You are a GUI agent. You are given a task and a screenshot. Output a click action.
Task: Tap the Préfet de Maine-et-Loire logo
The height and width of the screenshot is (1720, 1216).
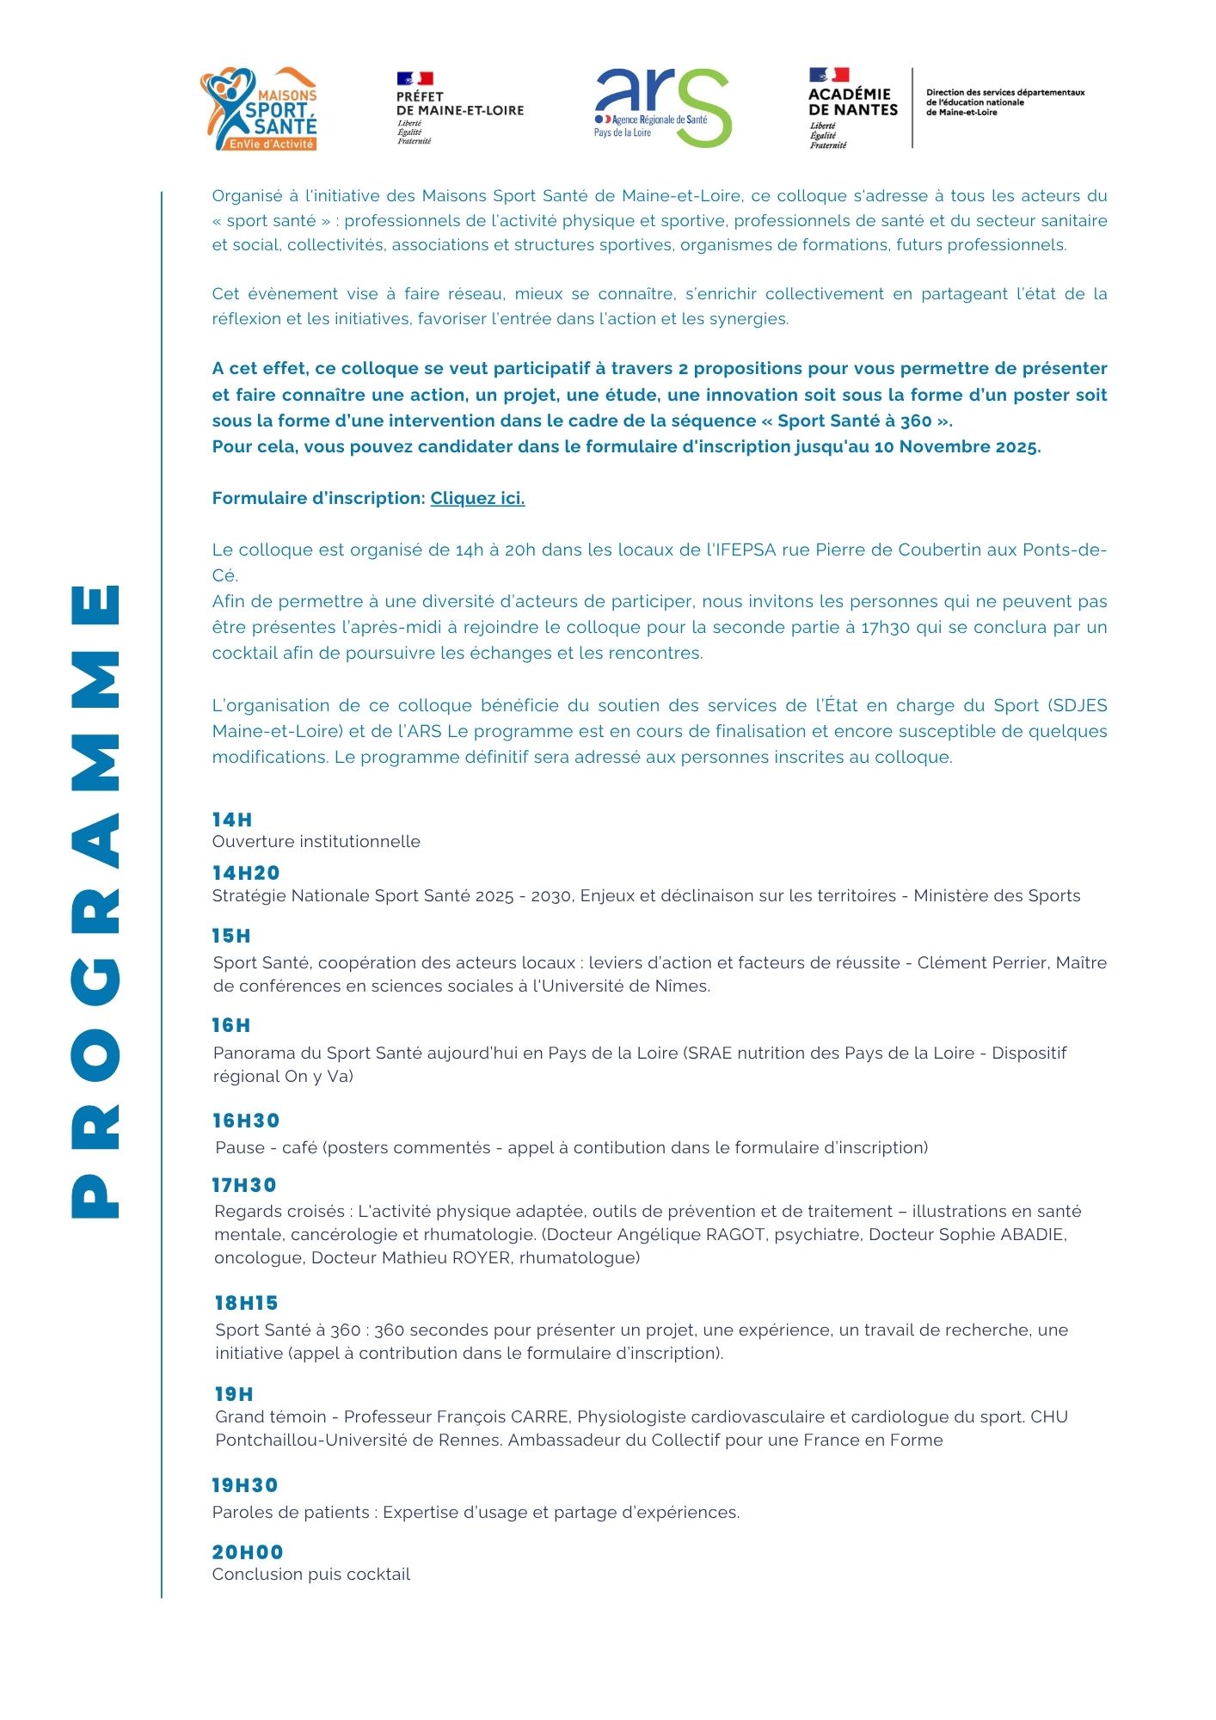coord(459,108)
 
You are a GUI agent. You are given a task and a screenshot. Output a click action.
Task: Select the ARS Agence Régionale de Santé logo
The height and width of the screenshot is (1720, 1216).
coord(662,108)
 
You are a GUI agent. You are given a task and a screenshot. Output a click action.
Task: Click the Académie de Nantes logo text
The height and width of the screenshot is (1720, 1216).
coord(852,102)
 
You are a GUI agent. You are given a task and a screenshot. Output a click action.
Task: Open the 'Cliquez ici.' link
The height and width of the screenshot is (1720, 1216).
coord(477,499)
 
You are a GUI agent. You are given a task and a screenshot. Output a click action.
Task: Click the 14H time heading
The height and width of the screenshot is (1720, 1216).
coord(232,820)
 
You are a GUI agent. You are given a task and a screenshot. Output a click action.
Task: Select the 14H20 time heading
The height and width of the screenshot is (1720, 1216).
coord(246,873)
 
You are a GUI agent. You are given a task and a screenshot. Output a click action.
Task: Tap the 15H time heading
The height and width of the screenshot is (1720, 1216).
coord(231,936)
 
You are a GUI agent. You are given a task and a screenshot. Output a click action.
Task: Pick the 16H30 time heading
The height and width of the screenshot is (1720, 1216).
coord(246,1121)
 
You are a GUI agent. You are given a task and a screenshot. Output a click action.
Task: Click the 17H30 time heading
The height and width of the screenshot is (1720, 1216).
coord(244,1185)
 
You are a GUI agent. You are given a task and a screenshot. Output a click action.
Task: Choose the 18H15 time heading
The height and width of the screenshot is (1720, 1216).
coord(247,1303)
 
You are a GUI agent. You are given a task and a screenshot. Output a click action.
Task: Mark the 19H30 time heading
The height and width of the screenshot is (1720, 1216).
coord(245,1485)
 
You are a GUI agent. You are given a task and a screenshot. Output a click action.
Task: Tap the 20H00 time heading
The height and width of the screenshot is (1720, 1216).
coord(248,1552)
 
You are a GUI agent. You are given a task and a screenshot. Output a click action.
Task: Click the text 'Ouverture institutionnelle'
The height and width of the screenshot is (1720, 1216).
coord(316,842)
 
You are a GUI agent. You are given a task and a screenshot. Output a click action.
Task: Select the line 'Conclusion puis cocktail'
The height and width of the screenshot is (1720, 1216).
coord(311,1575)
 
